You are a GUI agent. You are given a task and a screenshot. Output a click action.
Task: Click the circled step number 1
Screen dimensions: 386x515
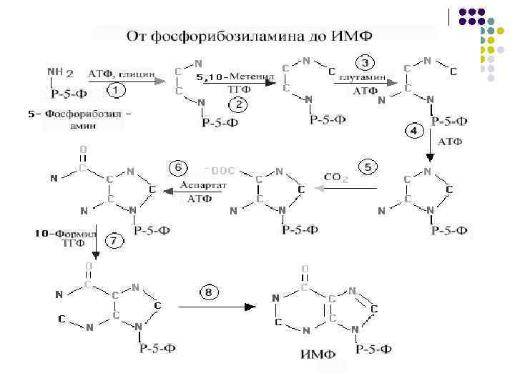pos(116,91)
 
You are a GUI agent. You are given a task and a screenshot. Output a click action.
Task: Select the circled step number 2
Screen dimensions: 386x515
pos(238,104)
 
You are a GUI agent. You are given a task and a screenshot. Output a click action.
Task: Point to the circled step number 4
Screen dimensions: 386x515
pos(413,131)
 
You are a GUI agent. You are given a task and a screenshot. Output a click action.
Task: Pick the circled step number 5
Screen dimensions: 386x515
pos(366,167)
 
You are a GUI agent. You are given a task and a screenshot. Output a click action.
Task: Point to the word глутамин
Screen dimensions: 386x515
pos(363,76)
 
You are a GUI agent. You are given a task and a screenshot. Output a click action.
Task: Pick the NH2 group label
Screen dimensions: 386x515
pos(59,71)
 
